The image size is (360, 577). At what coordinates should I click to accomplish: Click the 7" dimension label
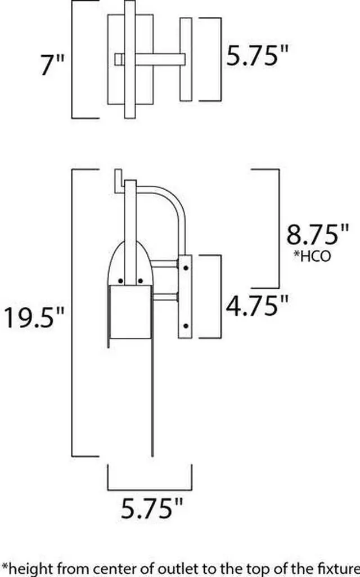(52, 65)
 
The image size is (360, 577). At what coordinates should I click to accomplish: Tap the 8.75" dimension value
(317, 235)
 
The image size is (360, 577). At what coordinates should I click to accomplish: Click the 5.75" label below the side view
(151, 508)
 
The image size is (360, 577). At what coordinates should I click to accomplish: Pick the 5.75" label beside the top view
(256, 55)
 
